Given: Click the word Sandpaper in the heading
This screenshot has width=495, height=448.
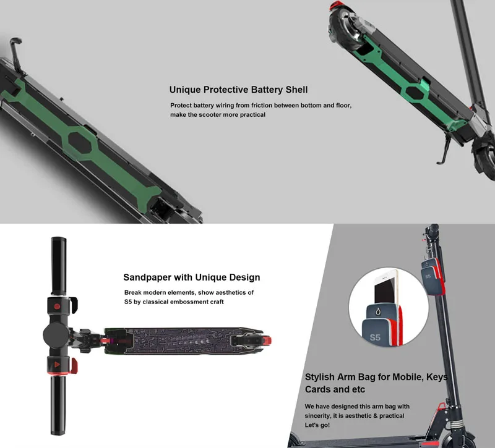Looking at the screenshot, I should pyautogui.click(x=149, y=277).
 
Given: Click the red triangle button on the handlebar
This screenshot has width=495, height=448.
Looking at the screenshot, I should pyautogui.click(x=57, y=365).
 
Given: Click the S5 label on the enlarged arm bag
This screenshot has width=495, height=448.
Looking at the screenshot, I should pyautogui.click(x=375, y=337).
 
